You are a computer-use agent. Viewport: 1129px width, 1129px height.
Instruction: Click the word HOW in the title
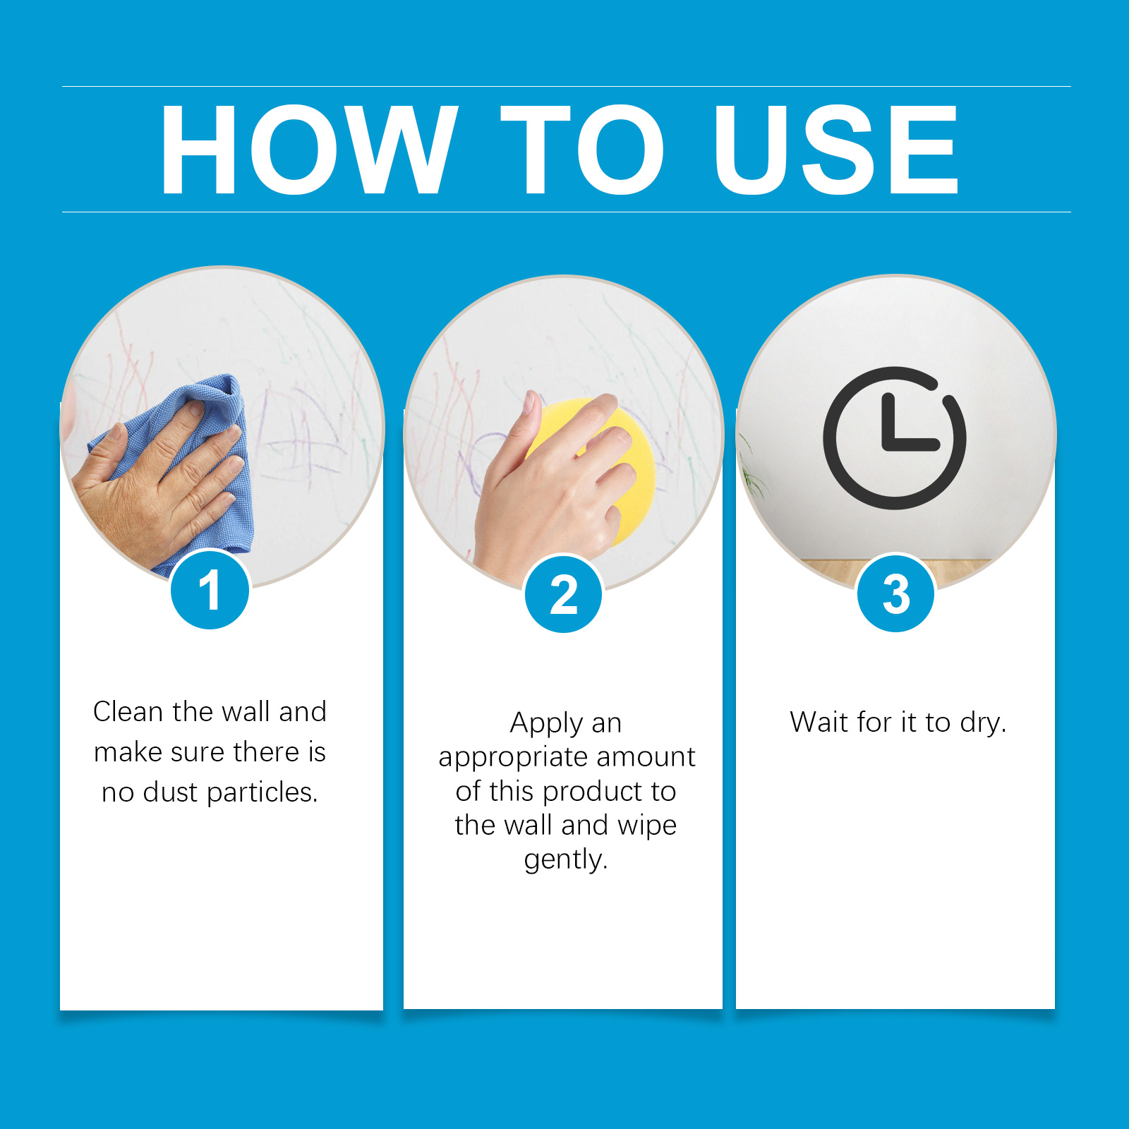309,149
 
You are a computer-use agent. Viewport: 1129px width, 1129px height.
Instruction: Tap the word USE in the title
837,149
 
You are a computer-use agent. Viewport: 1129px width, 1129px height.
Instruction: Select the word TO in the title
583,149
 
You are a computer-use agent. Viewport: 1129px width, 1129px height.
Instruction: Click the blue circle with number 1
210,590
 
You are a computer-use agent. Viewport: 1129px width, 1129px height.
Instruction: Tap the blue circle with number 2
563,593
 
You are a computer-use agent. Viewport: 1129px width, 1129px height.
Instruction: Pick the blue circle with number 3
895,593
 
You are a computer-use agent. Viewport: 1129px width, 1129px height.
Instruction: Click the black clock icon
894,437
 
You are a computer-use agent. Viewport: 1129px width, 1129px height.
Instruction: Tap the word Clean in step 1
128,711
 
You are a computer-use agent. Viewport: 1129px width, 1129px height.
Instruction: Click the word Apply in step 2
547,724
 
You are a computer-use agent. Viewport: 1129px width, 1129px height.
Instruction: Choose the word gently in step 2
566,859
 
